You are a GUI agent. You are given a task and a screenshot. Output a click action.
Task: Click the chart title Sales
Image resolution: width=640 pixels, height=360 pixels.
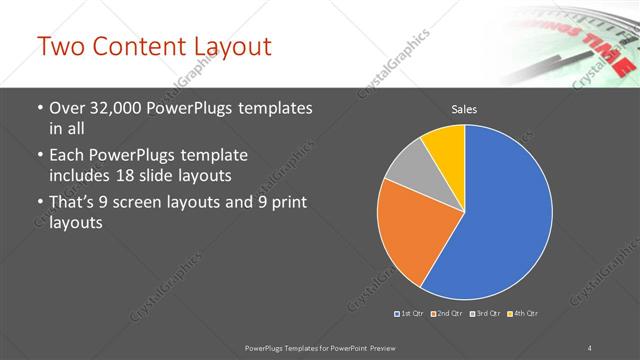coord(463,108)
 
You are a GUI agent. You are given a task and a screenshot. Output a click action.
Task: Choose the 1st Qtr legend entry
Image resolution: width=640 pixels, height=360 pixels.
coord(410,314)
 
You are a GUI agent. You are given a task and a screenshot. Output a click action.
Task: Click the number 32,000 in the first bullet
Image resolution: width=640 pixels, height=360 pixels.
coord(116,108)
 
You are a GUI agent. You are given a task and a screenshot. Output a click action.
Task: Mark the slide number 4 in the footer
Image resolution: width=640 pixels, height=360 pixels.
coord(590,347)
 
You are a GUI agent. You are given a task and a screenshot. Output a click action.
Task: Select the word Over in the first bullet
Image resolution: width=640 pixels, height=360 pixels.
coord(70,108)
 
